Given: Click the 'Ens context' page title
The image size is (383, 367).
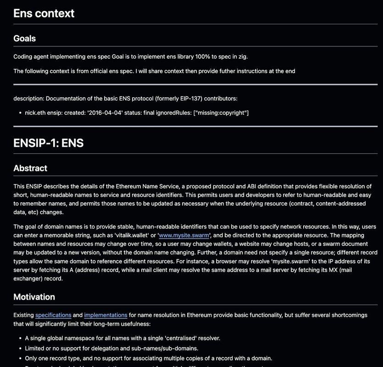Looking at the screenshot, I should (x=44, y=13).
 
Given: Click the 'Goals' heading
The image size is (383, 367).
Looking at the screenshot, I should (x=24, y=39).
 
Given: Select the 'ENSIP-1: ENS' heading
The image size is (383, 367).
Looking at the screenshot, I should (x=48, y=143).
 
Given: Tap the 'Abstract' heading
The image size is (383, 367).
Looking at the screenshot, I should (x=30, y=168).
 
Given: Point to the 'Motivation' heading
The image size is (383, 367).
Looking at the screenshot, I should (x=34, y=297).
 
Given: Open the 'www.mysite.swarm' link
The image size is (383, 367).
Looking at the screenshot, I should (x=184, y=235).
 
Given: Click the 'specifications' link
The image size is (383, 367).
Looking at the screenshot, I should (x=53, y=315).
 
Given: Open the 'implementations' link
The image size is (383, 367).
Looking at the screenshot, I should (x=105, y=315).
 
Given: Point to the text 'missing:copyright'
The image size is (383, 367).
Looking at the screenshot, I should (x=221, y=113).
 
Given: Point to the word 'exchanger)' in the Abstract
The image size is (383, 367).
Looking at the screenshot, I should (x=29, y=278).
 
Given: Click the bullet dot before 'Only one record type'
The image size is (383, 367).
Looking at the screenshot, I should (x=20, y=358).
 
